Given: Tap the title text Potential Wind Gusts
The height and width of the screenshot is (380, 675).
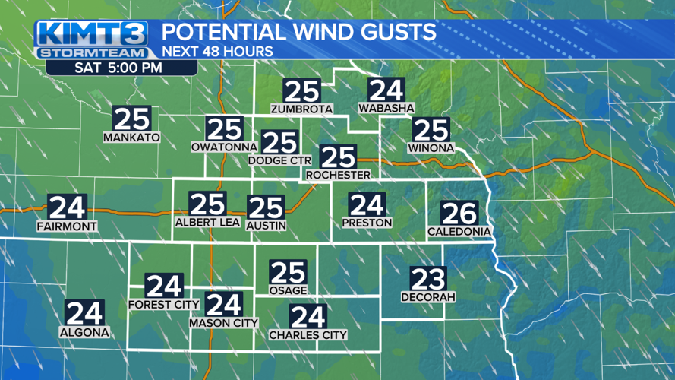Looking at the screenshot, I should [x=299, y=33].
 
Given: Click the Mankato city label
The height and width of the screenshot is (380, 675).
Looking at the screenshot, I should [x=131, y=138].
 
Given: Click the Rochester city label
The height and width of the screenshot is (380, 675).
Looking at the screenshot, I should [x=338, y=175].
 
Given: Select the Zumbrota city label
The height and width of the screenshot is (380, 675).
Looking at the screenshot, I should [x=301, y=109].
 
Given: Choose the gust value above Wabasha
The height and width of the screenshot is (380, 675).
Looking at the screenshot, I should [x=386, y=90].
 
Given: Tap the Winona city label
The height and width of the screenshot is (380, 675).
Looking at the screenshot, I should [x=430, y=147].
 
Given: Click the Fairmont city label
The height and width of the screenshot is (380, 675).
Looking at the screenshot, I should [x=67, y=226].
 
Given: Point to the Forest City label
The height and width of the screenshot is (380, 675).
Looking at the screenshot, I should [x=164, y=305].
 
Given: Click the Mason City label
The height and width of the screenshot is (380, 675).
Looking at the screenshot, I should [x=223, y=323].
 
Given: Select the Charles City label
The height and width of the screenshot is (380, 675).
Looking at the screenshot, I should [x=308, y=334].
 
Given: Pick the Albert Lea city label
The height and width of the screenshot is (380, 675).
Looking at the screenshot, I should [x=207, y=222].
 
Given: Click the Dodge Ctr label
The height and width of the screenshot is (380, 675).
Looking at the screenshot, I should [x=279, y=160].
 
